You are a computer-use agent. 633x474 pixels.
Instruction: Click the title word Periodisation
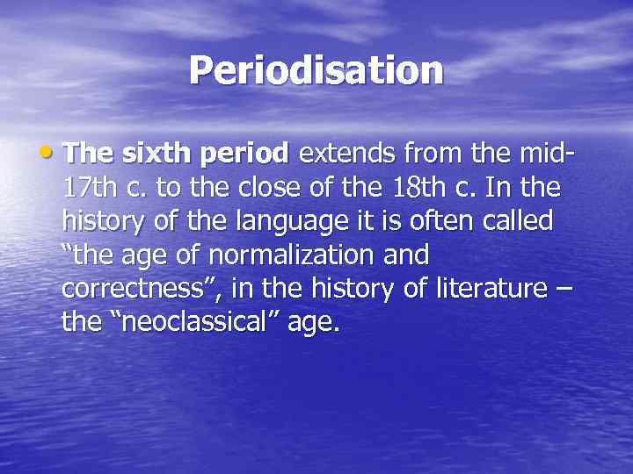(316, 70)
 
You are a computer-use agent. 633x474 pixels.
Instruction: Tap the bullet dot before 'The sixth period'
(53, 154)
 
